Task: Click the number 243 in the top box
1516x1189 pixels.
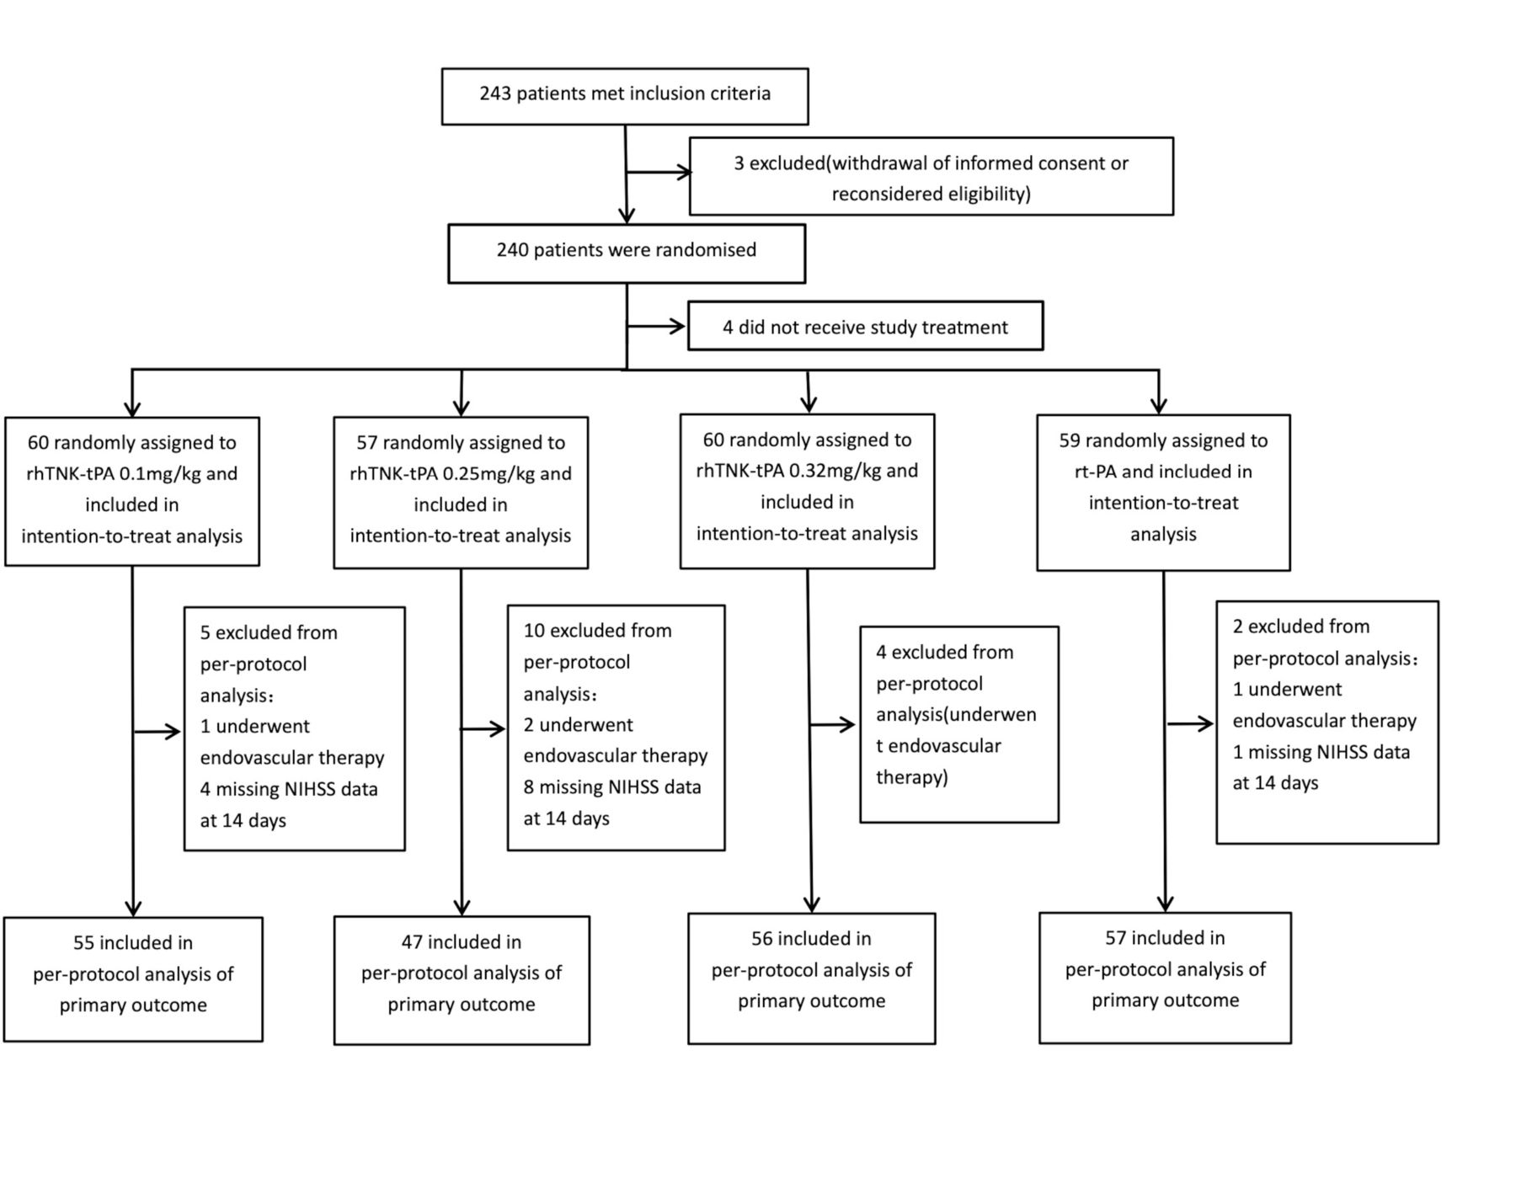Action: [495, 93]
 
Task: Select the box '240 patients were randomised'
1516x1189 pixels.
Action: [627, 253]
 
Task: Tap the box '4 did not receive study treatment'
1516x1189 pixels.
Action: [865, 326]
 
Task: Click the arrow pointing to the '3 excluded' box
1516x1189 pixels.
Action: [659, 173]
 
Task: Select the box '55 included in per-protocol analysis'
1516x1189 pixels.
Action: [133, 979]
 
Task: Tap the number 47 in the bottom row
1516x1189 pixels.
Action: [412, 941]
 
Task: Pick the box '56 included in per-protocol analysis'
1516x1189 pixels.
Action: [811, 978]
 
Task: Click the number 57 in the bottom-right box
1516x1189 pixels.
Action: [1116, 938]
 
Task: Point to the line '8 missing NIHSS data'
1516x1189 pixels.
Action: [612, 787]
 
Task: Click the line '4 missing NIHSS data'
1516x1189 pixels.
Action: [289, 790]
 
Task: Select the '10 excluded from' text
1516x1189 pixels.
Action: [597, 631]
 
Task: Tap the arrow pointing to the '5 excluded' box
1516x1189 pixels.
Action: [157, 732]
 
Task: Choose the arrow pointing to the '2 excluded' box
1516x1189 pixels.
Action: [1190, 723]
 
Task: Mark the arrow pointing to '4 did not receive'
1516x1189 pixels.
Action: [657, 326]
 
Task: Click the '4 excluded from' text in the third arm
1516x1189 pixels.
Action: [944, 653]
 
